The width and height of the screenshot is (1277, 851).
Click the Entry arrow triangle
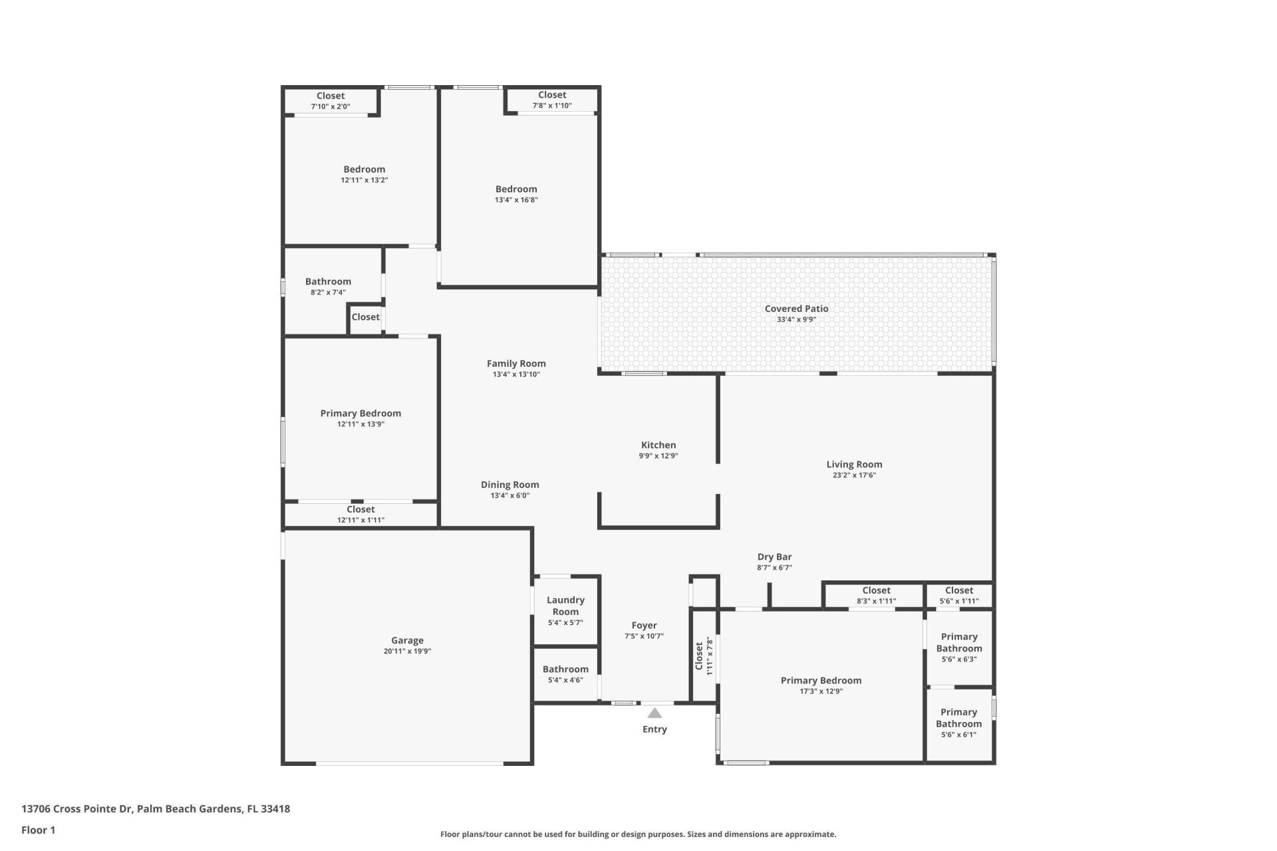[x=654, y=713]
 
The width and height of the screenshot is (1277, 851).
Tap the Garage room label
[x=407, y=640]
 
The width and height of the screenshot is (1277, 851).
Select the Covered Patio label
[x=796, y=308]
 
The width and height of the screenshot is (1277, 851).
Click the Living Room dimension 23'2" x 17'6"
[x=854, y=475]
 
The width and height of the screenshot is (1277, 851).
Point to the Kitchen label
[x=658, y=445]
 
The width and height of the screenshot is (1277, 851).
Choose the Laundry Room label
[x=565, y=606]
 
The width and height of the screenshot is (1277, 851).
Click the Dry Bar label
[x=774, y=557]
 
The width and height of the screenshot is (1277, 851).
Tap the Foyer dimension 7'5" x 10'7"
[x=644, y=636]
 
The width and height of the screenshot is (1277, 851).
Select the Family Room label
[x=516, y=363]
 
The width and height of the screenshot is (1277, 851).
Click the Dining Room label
[x=510, y=485]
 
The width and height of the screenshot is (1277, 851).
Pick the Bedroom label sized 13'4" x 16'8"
[x=516, y=189]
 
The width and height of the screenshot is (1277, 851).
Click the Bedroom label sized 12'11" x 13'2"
[x=364, y=169]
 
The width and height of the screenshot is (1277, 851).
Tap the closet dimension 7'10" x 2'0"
[x=331, y=106]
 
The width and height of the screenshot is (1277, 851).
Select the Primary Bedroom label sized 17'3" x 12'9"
[x=821, y=680]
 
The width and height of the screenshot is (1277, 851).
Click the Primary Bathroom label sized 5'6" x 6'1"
[x=958, y=718]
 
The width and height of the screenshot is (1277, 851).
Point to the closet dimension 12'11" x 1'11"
[x=360, y=520]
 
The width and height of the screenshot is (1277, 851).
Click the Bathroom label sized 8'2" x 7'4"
[x=328, y=281]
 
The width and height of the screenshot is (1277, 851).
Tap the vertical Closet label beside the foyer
[x=699, y=656]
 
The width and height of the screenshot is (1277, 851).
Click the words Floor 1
[x=38, y=830]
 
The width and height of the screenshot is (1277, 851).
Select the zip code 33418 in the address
[x=275, y=809]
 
